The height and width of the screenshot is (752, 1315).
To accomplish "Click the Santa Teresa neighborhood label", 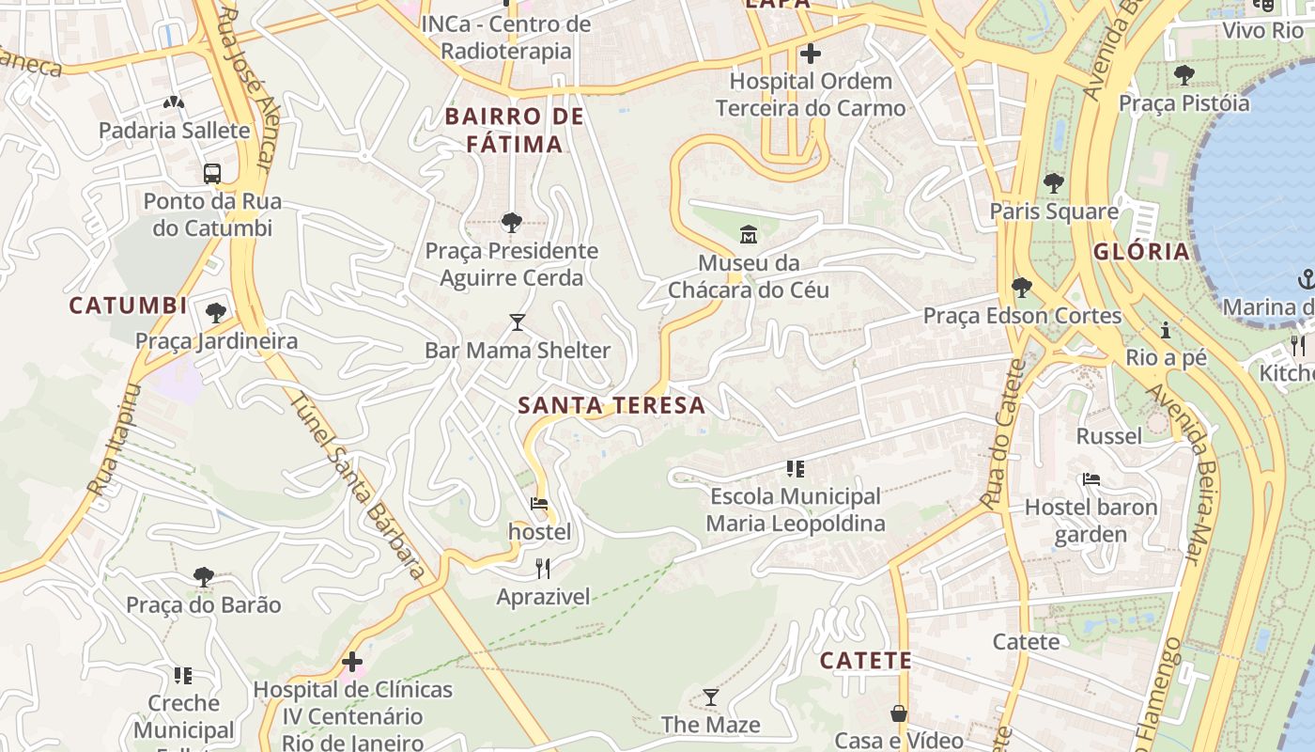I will click(611, 405).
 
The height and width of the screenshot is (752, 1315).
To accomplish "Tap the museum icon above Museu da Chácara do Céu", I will click(749, 234).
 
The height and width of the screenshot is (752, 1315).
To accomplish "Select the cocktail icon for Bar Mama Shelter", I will click(517, 322).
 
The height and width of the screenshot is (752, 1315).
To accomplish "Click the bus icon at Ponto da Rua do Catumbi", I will click(212, 173).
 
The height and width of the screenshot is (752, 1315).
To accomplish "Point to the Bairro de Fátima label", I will click(515, 131).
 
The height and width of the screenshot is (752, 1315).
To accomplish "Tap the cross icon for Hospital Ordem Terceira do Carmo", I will click(810, 54).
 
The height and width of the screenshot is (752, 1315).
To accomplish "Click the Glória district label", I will click(1141, 252).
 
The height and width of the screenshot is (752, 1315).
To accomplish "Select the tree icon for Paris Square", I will click(1053, 182).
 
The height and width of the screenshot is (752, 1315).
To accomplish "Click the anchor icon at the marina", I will click(1306, 278).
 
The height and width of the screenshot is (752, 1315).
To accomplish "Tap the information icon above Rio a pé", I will click(1166, 330).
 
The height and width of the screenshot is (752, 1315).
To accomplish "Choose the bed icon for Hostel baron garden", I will click(1091, 478).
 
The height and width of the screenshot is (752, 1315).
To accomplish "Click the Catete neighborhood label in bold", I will click(865, 661).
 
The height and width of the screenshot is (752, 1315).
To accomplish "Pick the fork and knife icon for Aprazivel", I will click(542, 568).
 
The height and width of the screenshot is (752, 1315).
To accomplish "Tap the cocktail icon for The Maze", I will click(711, 697).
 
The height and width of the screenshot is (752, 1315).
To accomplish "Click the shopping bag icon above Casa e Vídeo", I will click(899, 713).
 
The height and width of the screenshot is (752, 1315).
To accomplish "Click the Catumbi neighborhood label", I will click(128, 306).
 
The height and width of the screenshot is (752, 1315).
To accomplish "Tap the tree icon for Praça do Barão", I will click(203, 576).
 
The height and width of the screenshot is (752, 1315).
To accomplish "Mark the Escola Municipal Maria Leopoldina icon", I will click(795, 468).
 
